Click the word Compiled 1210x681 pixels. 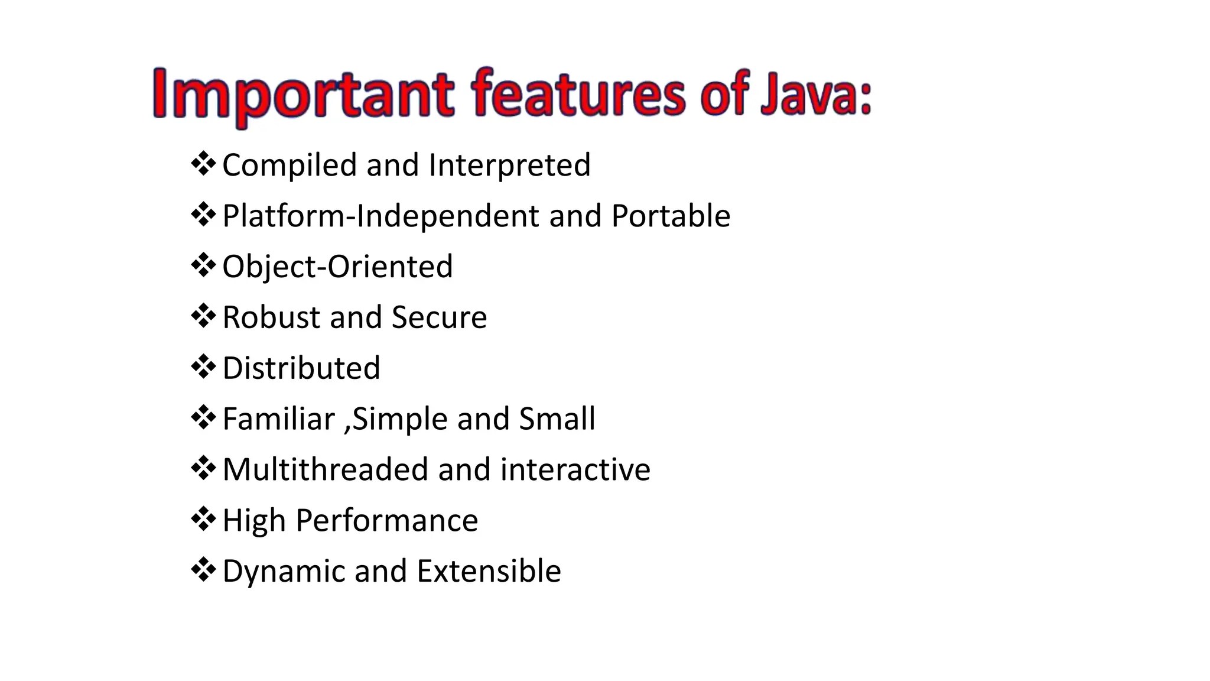tap(289, 165)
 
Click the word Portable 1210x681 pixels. tap(671, 216)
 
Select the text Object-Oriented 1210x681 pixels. tap(337, 267)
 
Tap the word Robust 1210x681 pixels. tap(271, 317)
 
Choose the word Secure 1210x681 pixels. tap(439, 317)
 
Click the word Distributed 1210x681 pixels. tap(301, 368)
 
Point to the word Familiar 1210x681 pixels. tap(279, 419)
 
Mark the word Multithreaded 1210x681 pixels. tap(325, 470)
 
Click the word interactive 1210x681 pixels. tap(575, 470)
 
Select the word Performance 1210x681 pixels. tap(386, 521)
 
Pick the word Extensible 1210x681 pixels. tap(489, 572)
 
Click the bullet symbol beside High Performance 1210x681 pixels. tap(203, 519)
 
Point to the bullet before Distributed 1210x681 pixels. tap(203, 367)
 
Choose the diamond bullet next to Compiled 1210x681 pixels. tap(203, 164)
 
